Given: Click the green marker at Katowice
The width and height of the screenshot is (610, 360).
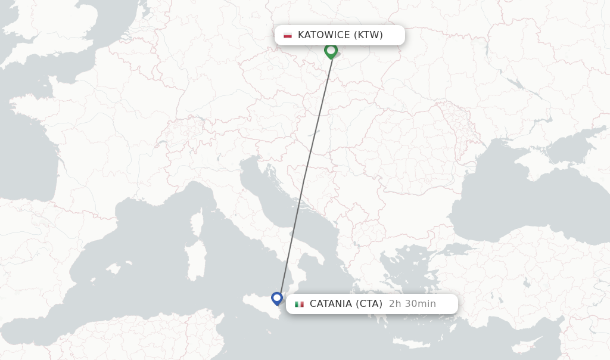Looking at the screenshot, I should click(331, 51).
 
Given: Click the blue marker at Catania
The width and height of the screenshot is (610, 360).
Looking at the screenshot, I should click(277, 297).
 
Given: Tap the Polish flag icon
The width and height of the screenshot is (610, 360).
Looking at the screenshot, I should click(288, 35).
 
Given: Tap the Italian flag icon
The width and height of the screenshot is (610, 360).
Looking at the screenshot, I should click(299, 304).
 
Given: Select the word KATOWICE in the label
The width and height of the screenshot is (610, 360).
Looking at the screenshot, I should click(323, 35).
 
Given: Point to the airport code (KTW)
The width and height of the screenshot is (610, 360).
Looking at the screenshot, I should click(368, 35).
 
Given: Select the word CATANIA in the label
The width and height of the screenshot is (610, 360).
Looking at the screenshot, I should click(331, 304).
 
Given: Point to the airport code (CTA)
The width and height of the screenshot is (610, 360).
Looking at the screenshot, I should click(369, 304).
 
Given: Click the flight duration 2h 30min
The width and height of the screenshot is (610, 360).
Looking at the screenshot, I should click(412, 304).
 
